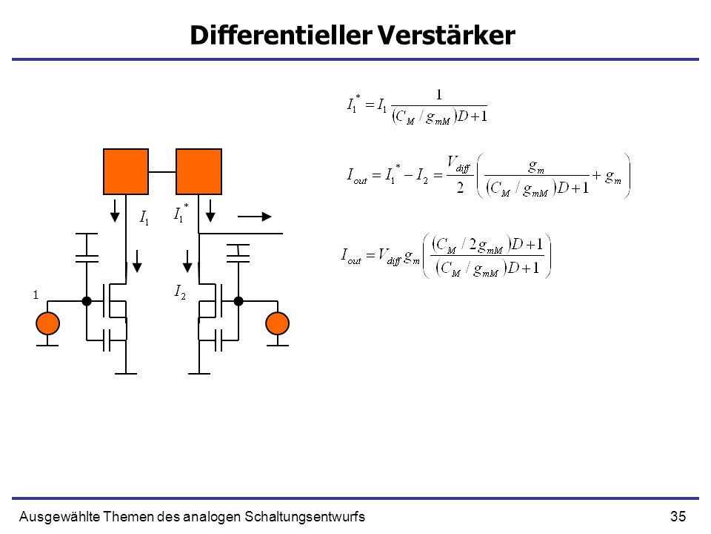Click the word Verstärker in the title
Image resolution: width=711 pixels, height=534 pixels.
[446, 35]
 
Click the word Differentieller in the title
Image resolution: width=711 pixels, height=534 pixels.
[281, 35]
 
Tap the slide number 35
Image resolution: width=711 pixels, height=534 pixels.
[678, 516]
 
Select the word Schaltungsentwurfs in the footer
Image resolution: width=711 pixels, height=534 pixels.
[304, 517]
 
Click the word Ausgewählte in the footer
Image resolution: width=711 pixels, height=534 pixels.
[59, 517]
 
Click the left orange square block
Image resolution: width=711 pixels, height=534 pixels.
[126, 171]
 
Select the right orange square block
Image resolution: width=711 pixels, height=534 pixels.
[198, 171]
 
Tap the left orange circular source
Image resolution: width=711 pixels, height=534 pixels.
[47, 323]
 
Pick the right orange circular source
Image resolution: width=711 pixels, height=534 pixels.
[277, 323]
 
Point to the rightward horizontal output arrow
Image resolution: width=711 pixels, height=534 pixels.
[254, 217]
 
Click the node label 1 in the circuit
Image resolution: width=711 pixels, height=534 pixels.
[36, 294]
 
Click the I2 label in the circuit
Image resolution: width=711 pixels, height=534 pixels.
[180, 291]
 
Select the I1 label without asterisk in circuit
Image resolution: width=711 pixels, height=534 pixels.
[144, 218]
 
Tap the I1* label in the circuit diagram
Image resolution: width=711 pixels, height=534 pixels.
[181, 213]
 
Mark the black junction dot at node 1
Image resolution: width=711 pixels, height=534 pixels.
[87, 300]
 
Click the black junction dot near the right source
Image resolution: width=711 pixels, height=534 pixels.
[238, 300]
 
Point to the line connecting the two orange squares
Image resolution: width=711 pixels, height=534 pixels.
[162, 172]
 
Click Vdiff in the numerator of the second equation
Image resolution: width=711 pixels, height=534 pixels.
[458, 164]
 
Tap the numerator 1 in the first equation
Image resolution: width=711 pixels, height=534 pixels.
[438, 94]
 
